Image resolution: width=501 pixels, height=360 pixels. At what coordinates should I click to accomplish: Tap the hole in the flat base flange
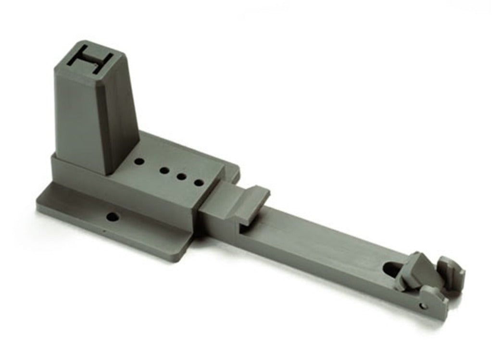tap(113, 217)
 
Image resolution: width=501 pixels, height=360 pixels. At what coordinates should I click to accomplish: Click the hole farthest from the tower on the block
tap(198, 183)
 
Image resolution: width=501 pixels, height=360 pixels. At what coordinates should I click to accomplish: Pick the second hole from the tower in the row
tap(164, 171)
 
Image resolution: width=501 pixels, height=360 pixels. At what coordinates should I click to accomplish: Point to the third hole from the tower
tap(182, 176)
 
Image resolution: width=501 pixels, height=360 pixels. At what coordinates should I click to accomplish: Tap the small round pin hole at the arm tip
tap(423, 306)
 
